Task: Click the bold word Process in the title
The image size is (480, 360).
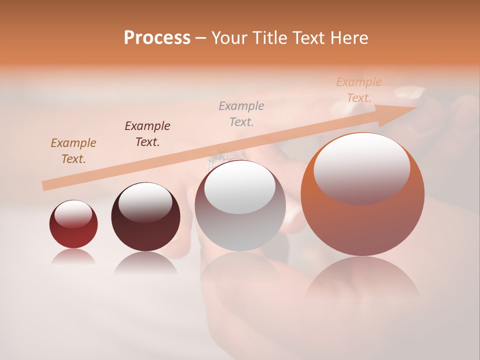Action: [x=157, y=38]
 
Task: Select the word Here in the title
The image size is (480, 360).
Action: [x=348, y=38]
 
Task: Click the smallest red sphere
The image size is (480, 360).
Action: [x=73, y=235]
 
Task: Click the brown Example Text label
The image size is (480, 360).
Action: [x=73, y=151]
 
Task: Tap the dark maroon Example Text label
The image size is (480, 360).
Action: [x=147, y=133]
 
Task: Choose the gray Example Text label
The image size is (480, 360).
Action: [x=241, y=113]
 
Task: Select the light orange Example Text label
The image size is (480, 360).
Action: [x=359, y=89]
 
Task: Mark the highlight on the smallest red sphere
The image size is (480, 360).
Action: [x=73, y=214]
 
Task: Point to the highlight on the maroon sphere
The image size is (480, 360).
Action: [x=145, y=201]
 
